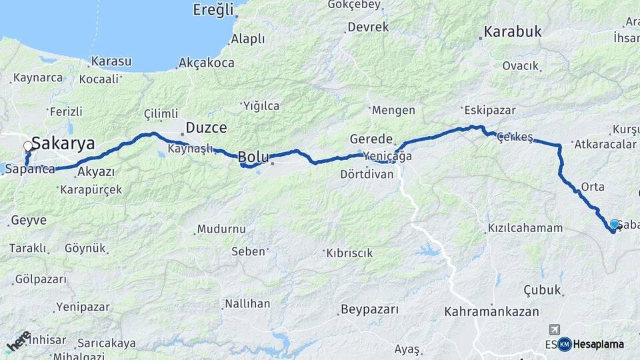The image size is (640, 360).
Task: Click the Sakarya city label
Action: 63,143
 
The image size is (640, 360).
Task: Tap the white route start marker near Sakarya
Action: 28,147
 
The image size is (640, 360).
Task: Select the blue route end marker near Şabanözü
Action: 614,224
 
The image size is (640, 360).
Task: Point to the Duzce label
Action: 206,127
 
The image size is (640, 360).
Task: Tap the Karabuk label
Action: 513,31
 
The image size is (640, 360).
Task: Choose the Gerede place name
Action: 371,139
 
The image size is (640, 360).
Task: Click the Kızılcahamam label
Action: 525,228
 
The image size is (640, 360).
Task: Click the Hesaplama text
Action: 598,344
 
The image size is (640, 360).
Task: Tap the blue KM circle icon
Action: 565,344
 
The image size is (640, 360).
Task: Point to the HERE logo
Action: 18,341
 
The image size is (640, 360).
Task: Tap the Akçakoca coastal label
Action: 206,63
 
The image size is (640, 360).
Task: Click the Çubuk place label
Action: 543,290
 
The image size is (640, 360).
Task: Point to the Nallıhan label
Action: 247,303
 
